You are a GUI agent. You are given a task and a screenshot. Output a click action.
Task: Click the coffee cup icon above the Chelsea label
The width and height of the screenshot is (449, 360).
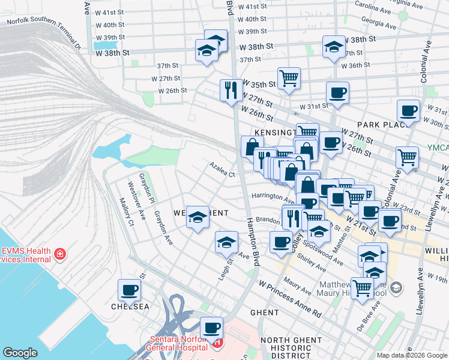(x=129, y=291)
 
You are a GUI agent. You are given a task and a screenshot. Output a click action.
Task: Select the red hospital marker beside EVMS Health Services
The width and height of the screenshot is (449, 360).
(x=59, y=255)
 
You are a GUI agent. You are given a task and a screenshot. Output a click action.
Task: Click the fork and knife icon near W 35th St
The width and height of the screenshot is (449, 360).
(x=231, y=91)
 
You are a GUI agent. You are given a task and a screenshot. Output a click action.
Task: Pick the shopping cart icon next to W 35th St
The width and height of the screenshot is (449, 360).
(x=289, y=78)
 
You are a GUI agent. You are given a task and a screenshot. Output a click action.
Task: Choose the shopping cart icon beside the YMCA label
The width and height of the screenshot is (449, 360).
(x=407, y=157)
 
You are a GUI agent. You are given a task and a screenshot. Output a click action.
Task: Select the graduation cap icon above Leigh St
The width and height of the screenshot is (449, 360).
(x=226, y=242)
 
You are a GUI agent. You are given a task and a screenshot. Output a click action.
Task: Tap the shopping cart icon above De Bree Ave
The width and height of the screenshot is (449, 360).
(x=362, y=289)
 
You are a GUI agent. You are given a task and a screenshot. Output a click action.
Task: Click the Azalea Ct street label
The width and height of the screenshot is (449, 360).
(x=222, y=170)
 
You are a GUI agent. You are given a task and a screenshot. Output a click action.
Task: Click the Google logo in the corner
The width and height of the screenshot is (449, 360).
(x=20, y=353)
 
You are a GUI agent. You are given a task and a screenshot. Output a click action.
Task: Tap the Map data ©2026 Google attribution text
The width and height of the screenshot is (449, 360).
(x=411, y=355)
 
